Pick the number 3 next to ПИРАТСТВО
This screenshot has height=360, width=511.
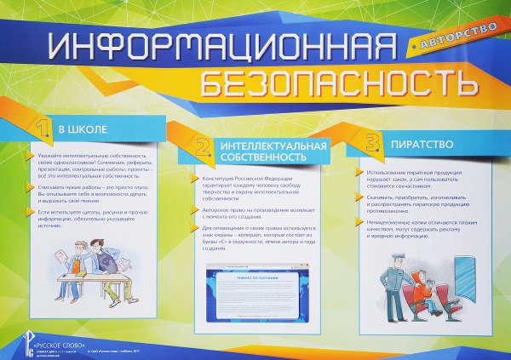(x=371, y=141)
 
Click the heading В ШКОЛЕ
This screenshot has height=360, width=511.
(x=82, y=130)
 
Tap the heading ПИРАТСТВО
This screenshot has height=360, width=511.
(x=416, y=144)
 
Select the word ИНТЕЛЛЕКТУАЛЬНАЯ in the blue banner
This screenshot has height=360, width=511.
(x=273, y=146)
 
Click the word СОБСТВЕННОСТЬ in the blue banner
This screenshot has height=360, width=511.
(x=261, y=157)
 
